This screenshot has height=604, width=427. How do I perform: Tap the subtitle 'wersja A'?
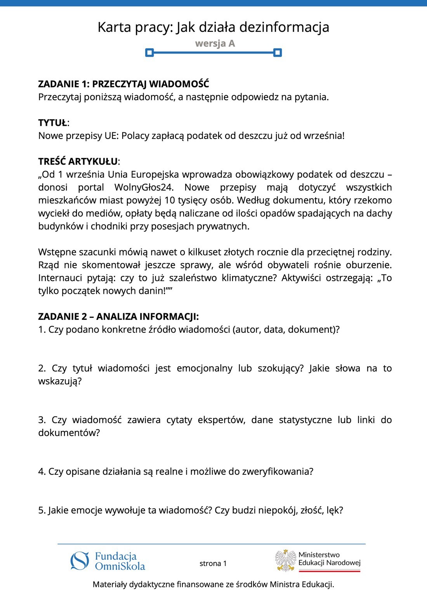215,43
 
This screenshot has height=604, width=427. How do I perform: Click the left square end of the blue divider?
149,52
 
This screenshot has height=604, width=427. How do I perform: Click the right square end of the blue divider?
277,52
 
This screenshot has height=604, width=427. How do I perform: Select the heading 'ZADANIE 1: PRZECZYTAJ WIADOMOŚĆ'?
123,84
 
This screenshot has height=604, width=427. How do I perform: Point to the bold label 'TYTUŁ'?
52,123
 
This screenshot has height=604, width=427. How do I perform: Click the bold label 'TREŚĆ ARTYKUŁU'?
78,161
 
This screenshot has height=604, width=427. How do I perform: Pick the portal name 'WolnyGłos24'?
144,187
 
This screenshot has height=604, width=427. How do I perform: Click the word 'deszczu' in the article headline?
255,136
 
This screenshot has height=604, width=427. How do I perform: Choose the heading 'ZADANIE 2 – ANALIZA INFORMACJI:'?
118,317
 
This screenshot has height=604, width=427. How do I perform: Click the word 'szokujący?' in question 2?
280,368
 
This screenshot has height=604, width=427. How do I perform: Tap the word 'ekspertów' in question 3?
221,420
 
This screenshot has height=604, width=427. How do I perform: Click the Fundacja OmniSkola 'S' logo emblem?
80,561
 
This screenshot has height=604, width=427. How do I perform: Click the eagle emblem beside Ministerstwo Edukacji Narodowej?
286,561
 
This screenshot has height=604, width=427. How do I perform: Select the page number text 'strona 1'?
213,563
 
